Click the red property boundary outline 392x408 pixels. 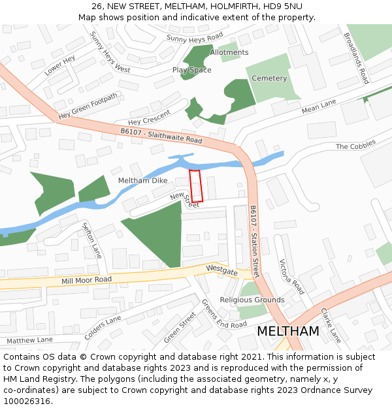click(196, 186)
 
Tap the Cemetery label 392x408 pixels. click(269, 78)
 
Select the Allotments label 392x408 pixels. click(229, 52)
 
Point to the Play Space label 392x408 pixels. click(191, 70)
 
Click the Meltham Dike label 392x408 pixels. click(142, 180)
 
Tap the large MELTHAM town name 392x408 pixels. click(288, 331)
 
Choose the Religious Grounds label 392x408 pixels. click(252, 300)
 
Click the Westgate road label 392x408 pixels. click(221, 268)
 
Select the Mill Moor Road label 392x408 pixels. click(86, 280)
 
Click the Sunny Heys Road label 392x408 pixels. click(194, 38)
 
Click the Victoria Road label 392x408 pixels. click(291, 277)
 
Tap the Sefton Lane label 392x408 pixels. click(92, 240)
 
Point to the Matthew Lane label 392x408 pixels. click(29, 340)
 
